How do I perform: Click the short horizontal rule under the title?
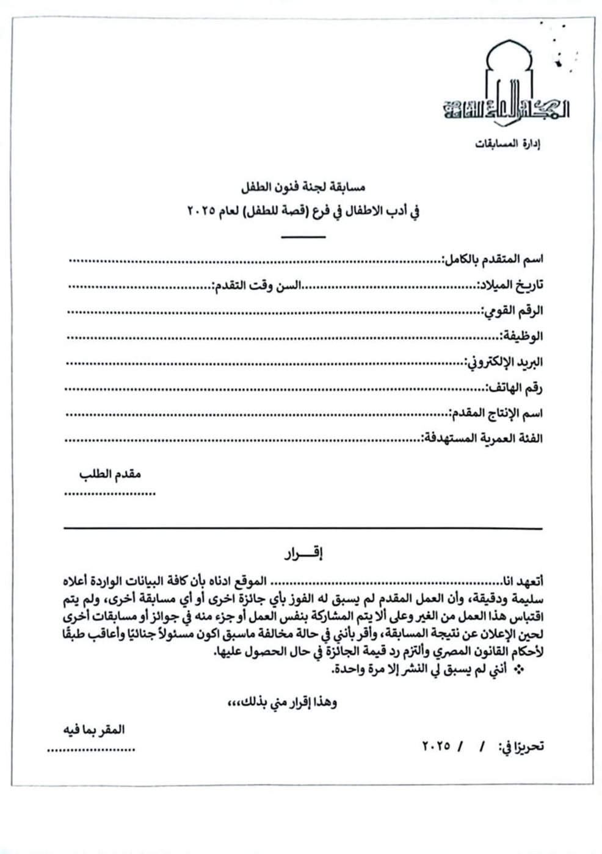click(x=304, y=236)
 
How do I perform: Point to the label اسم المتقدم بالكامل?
click(x=492, y=259)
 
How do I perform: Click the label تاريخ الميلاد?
click(x=512, y=285)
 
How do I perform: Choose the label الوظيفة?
click(x=522, y=336)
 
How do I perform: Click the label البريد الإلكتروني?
click(x=503, y=362)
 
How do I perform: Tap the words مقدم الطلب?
click(x=110, y=474)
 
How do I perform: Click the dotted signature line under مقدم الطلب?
click(x=110, y=493)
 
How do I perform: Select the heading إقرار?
click(x=303, y=554)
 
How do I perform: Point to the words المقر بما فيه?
click(x=95, y=730)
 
